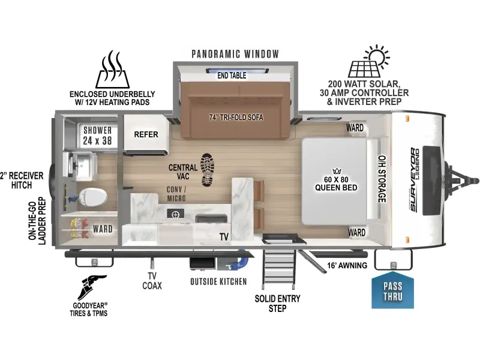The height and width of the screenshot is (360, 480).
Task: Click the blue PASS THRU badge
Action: pyautogui.click(x=392, y=290)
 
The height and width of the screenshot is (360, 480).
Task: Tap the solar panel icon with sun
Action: pyautogui.click(x=368, y=61)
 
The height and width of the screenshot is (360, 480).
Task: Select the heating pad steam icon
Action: pyautogui.click(x=112, y=70)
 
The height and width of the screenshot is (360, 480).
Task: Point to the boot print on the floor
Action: pyautogui.click(x=207, y=170)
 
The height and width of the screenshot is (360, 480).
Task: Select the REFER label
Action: pyautogui.click(x=146, y=134)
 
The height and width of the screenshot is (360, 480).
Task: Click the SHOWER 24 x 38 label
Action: pyautogui.click(x=97, y=136)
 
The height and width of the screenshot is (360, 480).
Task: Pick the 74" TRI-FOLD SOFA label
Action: pyautogui.click(x=236, y=117)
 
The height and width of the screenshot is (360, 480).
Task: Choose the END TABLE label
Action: pyautogui.click(x=232, y=76)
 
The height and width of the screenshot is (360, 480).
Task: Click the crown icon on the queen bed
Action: pyautogui.click(x=337, y=171)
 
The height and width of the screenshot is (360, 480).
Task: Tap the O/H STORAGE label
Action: pyautogui.click(x=382, y=179)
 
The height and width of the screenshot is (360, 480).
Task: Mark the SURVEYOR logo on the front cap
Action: pyautogui.click(x=414, y=179)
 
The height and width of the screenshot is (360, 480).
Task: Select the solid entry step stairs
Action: pyautogui.click(x=279, y=268)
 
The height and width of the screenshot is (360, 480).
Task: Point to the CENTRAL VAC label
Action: pyautogui.click(x=183, y=172)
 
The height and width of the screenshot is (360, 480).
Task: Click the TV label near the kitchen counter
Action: pyautogui.click(x=224, y=236)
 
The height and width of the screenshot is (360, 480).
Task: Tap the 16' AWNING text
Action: pyautogui.click(x=347, y=265)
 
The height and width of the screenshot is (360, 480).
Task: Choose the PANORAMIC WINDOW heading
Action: pyautogui.click(x=235, y=54)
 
